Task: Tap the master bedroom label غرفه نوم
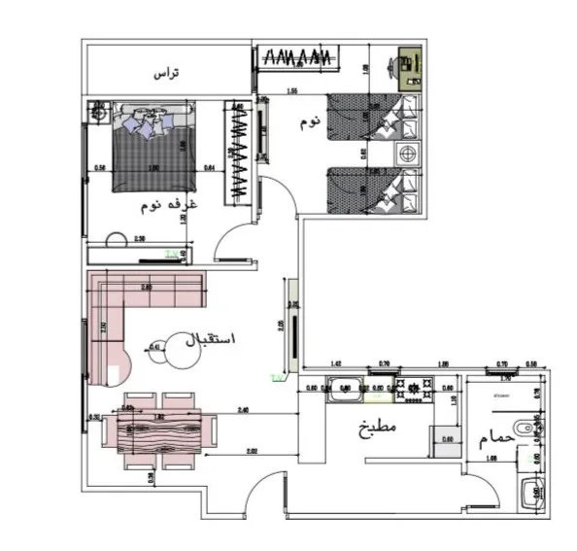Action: (x=170, y=205)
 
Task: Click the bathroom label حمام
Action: (x=493, y=439)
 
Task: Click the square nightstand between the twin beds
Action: (x=408, y=155)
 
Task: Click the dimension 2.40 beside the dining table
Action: (x=244, y=411)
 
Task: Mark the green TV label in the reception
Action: (x=276, y=375)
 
